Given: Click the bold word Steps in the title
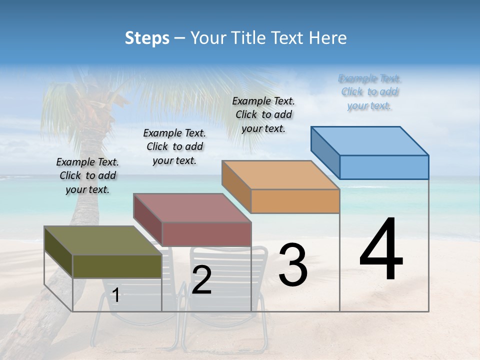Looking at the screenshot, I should point(147,38).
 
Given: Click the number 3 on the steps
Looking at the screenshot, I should point(292,265).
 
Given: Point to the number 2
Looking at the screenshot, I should point(201,280).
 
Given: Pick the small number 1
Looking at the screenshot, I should point(116,295).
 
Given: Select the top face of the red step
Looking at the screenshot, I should point(192,207).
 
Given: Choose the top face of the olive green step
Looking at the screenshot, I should point(103,240).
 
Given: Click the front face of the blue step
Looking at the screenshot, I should point(384,167).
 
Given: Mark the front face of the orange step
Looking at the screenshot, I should point(295,201).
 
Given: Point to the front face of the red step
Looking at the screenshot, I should point(206,234).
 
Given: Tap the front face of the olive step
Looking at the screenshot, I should point(117,266).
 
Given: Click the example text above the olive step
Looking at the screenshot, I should point(87,175).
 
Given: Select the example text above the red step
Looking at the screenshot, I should point(174,146).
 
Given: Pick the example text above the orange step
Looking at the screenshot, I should point(263,114).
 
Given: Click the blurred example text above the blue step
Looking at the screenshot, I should point(369,92).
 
